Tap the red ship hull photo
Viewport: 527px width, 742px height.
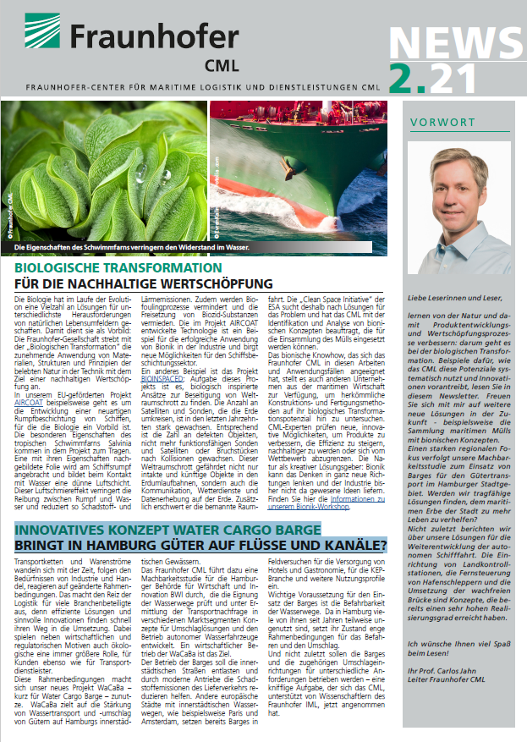pyautogui.click(x=298, y=173)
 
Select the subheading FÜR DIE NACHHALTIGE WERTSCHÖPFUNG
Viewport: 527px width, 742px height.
pyautogui.click(x=144, y=283)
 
